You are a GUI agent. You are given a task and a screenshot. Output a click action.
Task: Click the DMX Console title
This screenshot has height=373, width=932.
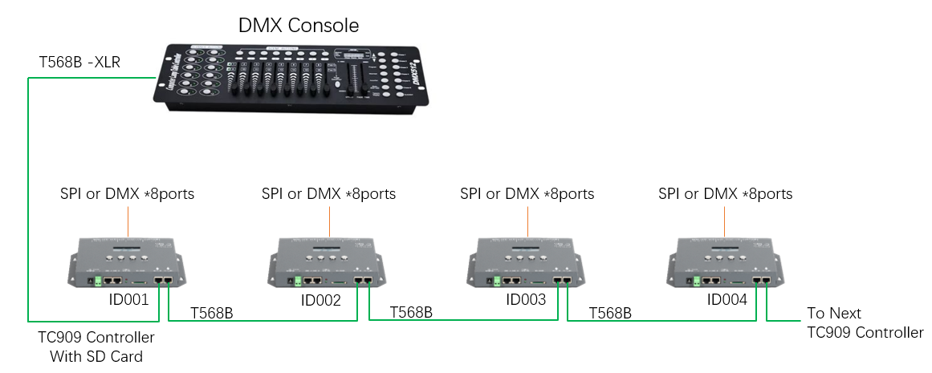299,25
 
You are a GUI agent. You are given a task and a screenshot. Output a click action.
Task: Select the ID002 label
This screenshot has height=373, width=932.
321,300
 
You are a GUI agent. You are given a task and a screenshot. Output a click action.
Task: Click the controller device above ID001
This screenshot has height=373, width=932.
128,262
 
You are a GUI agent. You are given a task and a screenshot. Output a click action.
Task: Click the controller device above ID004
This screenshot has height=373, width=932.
726,262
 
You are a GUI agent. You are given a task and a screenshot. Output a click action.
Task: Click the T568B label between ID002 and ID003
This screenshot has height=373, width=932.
411,312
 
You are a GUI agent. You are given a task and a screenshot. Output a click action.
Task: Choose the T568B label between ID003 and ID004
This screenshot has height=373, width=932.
610,312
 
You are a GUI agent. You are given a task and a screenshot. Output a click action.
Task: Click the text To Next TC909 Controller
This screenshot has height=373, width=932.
865,322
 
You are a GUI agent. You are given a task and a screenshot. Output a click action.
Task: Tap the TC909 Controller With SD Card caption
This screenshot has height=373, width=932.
96,347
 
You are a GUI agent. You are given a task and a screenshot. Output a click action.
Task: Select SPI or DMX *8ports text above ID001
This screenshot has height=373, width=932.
127,194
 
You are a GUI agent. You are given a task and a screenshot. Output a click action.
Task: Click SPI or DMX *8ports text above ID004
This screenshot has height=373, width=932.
725,194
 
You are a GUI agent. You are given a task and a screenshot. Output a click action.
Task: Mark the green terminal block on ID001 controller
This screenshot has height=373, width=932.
98,282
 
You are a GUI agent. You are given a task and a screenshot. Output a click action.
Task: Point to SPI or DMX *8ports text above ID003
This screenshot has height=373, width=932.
527,194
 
